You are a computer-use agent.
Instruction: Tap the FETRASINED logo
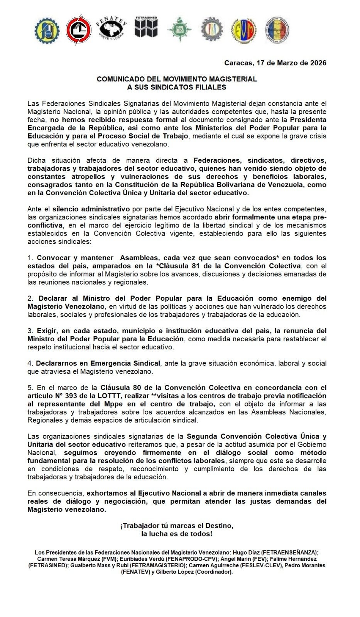pos(146,28)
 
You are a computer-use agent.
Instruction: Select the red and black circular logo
pos(79,30)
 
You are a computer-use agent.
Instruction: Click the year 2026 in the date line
pos(318,63)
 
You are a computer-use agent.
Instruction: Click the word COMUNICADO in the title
pos(118,79)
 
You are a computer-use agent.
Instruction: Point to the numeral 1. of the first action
pos(30,258)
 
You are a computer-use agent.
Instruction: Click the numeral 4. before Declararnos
pos(30,363)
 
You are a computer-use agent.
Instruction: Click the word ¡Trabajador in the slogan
pos(140,526)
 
